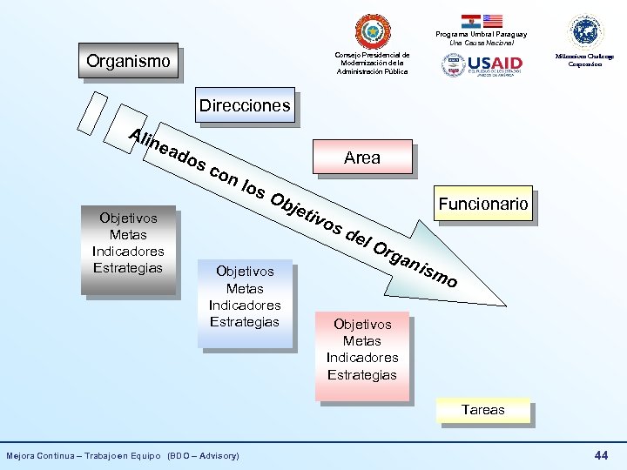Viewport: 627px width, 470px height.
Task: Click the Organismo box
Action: pos(128,61)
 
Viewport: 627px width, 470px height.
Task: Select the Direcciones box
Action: pos(244,105)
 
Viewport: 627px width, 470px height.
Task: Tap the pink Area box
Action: pos(361,158)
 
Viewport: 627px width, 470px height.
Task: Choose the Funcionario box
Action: pos(483,205)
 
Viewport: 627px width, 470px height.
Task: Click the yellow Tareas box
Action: pos(482,409)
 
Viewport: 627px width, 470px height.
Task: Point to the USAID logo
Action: pos(482,64)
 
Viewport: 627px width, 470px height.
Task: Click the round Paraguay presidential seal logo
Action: pos(374,31)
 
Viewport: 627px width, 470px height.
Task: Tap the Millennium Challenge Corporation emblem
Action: pos(586,31)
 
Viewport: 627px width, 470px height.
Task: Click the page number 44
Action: pos(601,455)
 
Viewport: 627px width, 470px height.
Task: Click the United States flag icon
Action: pos(493,20)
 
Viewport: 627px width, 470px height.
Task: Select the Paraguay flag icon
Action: pos(470,20)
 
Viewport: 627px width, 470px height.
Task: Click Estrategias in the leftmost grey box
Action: pos(128,267)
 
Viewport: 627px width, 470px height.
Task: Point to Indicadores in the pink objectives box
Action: pos(362,358)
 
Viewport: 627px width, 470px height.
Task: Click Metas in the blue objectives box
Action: pos(245,288)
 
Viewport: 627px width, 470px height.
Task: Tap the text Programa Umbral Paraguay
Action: pos(482,34)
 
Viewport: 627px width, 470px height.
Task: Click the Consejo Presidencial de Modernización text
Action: pos(373,63)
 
